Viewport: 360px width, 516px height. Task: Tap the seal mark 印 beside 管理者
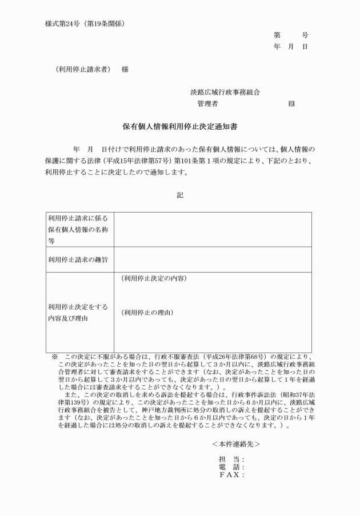(291, 103)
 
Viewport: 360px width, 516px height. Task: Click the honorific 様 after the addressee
(125, 69)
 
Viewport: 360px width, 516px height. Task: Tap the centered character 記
(180, 195)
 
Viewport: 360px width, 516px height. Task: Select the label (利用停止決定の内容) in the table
(154, 279)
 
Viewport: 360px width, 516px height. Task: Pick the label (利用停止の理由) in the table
(147, 313)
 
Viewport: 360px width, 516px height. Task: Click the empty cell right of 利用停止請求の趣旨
(213, 260)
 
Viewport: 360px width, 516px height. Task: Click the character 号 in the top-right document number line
(305, 35)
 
